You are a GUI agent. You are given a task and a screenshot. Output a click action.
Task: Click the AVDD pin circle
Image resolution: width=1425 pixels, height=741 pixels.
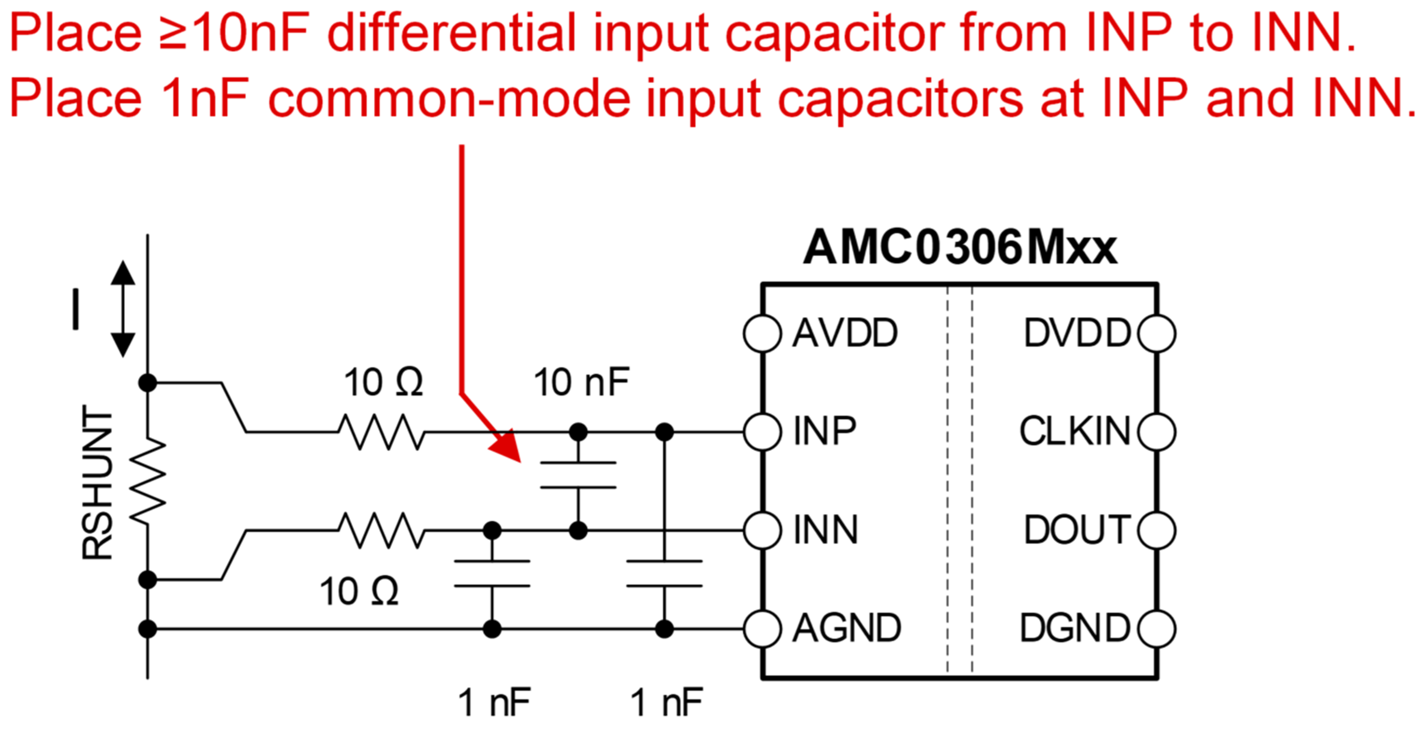762,334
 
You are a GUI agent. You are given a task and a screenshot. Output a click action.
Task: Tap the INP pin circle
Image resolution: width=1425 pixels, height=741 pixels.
762,432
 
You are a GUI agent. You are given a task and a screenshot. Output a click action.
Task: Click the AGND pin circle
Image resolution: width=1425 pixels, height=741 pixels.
762,629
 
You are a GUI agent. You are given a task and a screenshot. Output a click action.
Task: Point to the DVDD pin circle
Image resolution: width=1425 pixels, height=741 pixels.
1157,334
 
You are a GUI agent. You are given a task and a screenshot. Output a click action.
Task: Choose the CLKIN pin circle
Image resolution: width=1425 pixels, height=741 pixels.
1157,432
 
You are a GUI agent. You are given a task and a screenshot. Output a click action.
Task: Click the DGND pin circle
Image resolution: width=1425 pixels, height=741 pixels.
1157,629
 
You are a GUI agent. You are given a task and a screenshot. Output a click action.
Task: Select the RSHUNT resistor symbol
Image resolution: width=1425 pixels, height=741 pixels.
148,481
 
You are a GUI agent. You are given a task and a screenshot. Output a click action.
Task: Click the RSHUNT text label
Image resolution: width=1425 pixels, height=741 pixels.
97,482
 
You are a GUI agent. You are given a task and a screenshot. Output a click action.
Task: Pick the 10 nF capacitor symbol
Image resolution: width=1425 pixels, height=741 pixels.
578,475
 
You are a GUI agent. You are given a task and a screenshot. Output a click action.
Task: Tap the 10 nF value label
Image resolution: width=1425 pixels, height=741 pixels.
581,383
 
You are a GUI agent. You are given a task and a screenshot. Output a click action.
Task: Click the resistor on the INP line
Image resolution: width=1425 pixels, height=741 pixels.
382,432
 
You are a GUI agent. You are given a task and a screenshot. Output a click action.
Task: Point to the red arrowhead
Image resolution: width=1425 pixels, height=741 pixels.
506,445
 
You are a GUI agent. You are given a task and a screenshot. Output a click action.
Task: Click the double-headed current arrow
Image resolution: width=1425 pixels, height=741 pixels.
123,309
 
